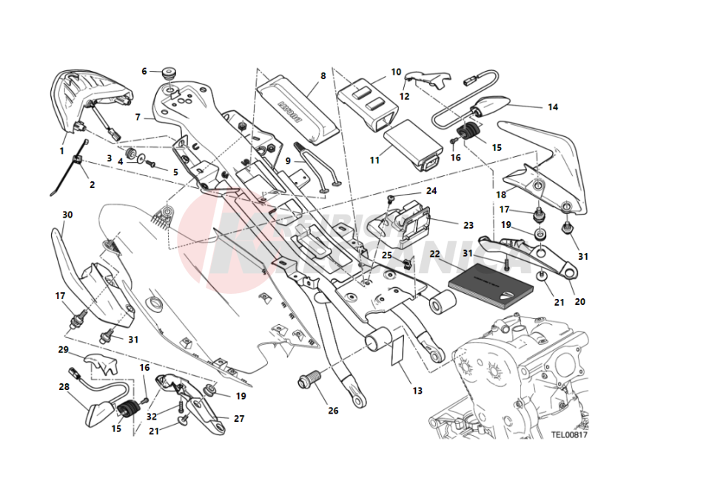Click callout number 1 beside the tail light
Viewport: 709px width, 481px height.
(x=62, y=150)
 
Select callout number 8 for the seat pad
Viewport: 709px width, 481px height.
(x=323, y=75)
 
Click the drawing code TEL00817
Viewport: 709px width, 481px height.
(x=568, y=435)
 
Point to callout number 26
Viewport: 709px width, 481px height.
(x=333, y=411)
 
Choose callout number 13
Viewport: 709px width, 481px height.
(x=417, y=390)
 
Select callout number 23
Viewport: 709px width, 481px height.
(x=468, y=224)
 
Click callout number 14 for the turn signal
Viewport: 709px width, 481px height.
(x=552, y=107)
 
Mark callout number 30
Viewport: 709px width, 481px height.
(x=67, y=215)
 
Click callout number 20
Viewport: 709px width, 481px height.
(x=579, y=301)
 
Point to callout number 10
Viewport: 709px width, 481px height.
(x=396, y=72)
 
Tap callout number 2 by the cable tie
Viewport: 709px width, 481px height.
(x=92, y=184)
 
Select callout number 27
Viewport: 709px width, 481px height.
(x=238, y=418)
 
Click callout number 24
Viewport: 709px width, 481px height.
(x=431, y=190)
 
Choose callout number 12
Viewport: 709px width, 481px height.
(x=404, y=96)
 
